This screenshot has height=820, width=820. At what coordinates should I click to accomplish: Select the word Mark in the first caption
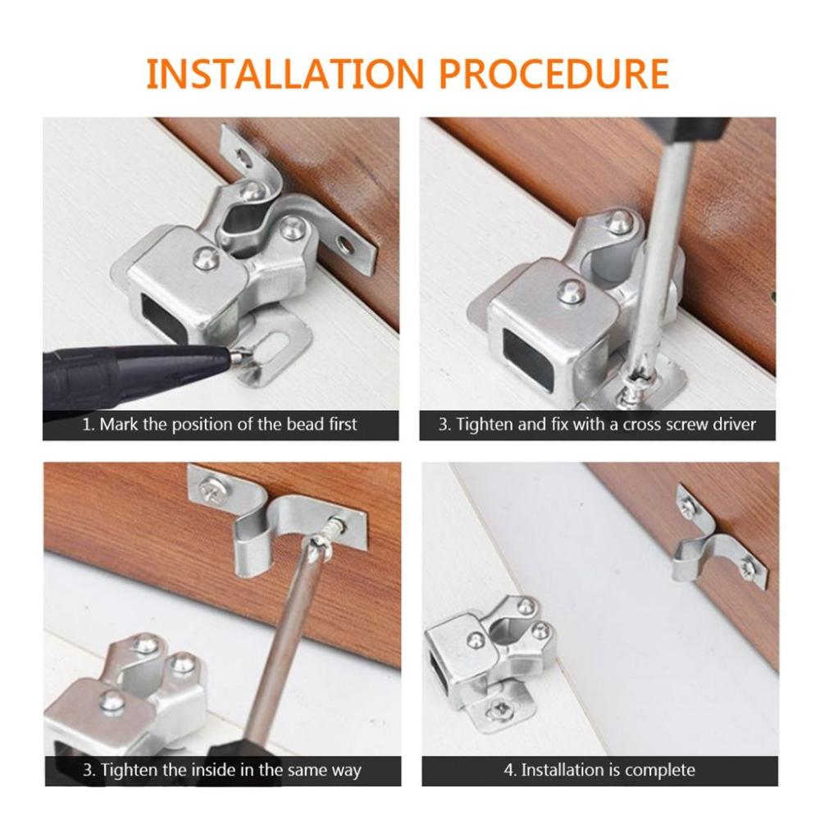[117, 425]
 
